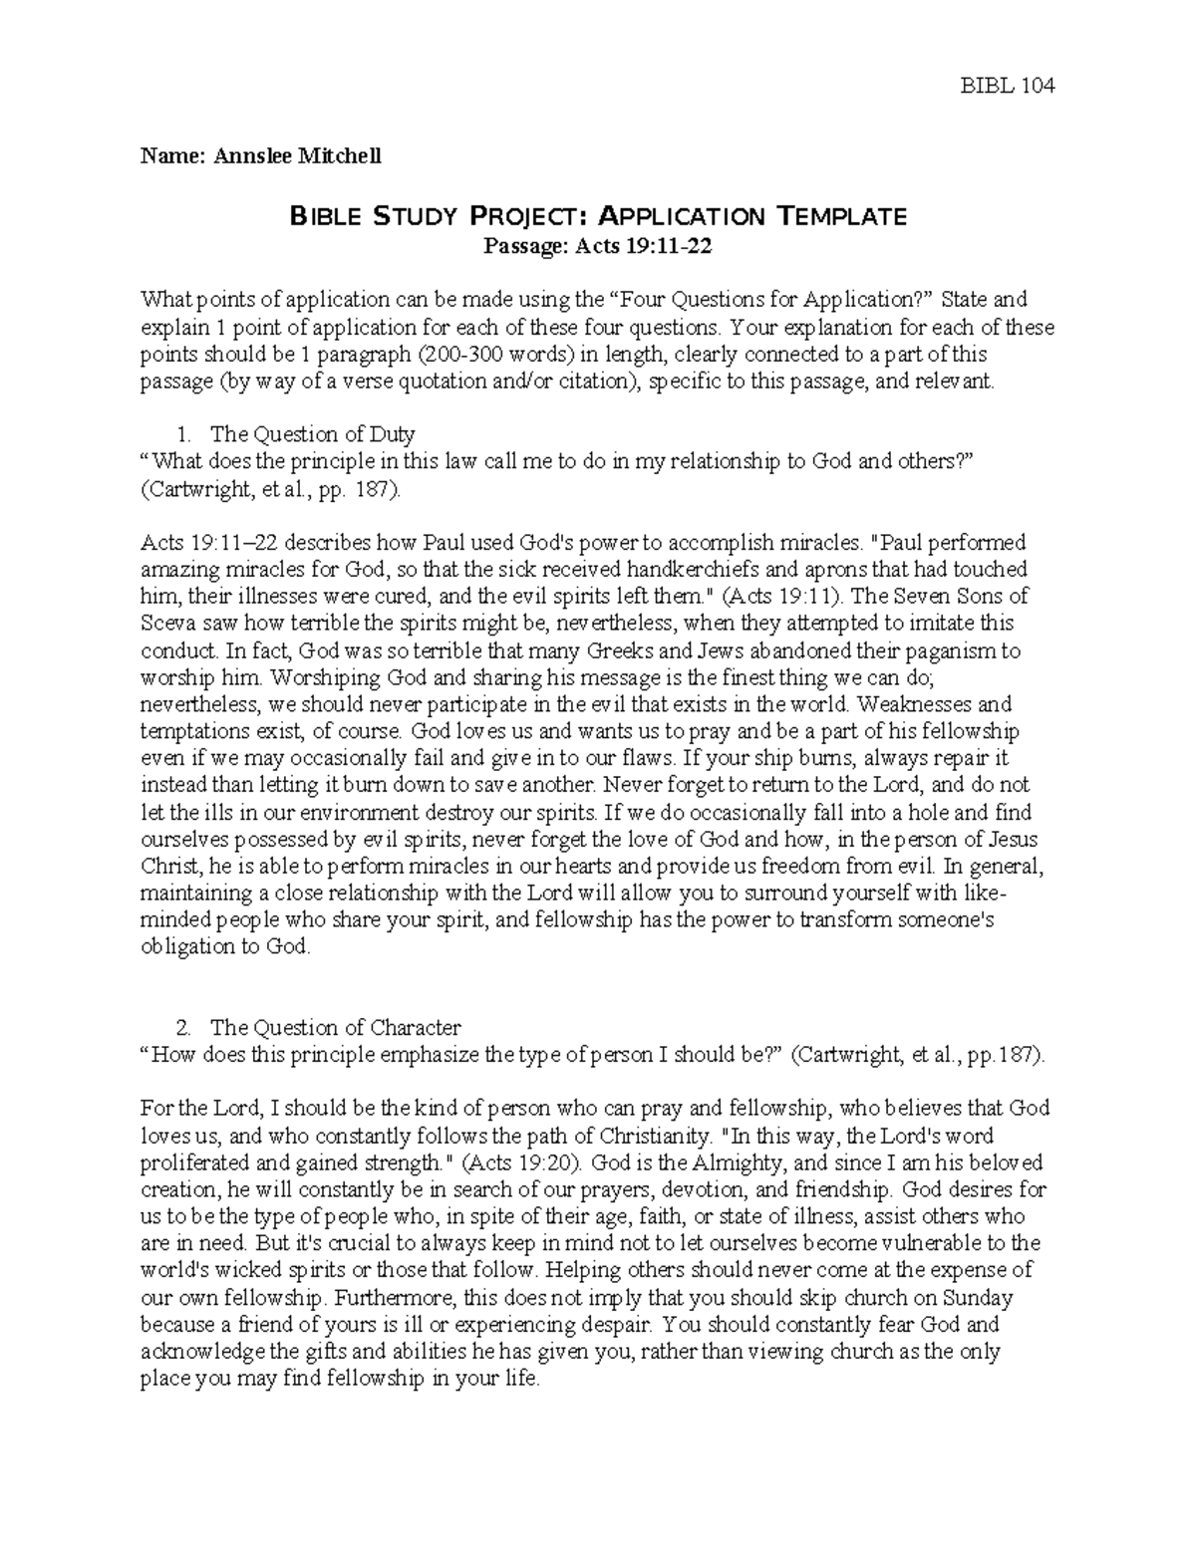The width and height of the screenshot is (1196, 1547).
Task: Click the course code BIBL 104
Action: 1007,86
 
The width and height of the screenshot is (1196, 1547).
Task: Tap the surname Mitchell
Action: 337,155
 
